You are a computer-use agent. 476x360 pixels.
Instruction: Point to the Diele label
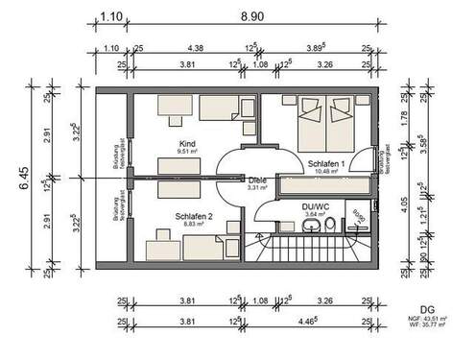pos(256,180)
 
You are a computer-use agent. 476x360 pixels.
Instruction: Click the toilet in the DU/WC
pos(330,226)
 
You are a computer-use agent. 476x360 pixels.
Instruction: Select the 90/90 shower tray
pos(357,220)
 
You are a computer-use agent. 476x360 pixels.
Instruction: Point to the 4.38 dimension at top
pos(196,47)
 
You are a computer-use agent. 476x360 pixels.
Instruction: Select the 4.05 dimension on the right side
pos(408,204)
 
